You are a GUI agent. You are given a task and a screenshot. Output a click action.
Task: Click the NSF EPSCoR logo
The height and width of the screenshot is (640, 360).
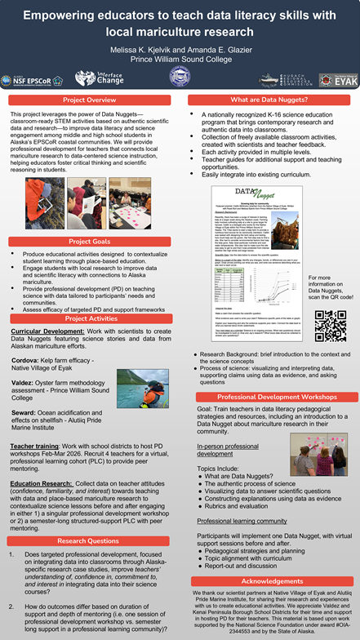32,78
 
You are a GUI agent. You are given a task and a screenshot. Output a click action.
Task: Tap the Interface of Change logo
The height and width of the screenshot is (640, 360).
98,78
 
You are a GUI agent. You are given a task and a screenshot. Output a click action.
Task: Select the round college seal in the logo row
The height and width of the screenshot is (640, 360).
180,78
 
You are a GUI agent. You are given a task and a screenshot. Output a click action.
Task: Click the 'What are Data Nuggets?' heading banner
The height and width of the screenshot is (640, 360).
269,100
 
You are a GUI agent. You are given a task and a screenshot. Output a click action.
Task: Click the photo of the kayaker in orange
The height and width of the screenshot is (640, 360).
143,389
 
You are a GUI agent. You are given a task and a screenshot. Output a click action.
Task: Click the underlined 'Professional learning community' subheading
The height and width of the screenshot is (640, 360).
242,519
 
